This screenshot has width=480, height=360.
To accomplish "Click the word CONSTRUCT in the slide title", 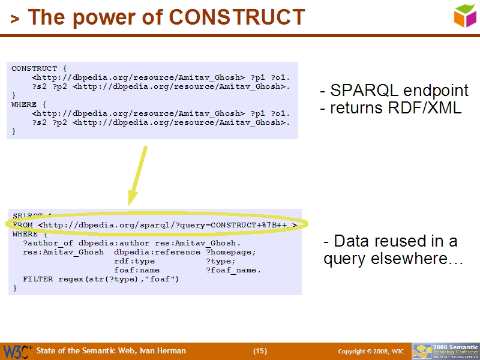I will tap(237, 17).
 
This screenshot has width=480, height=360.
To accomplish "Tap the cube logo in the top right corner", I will tap(464, 16).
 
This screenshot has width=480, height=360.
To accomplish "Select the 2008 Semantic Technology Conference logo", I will tap(445, 351).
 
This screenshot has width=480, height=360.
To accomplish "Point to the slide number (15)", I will tap(260, 351).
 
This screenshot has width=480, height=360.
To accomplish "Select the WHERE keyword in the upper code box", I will tap(24, 104).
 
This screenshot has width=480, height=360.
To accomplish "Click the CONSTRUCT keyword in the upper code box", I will tap(34, 68).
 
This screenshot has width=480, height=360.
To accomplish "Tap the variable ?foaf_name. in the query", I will tap(233, 270).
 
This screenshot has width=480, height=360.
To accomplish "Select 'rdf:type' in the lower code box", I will tap(134, 261).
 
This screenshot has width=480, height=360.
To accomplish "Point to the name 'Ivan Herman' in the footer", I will tap(164, 351).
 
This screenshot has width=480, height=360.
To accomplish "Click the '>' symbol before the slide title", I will tap(15, 19).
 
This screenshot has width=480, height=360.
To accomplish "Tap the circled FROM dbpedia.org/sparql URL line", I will tap(156, 225).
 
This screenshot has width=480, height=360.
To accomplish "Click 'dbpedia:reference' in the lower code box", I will tap(157, 252).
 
